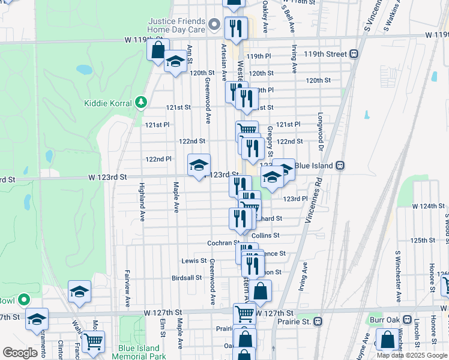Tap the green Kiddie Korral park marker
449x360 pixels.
pyautogui.click(x=141, y=103)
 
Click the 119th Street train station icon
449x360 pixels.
pyautogui.click(x=355, y=54)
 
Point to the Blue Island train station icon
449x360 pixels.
pyautogui.click(x=340, y=166)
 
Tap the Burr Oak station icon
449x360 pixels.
pyautogui.click(x=406, y=320)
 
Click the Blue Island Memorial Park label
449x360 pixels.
pyautogui.click(x=139, y=352)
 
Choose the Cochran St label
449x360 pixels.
pyautogui.click(x=220, y=243)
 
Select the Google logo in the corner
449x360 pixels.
pyautogui.click(x=20, y=353)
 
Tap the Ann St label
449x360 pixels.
pyautogui.click(x=190, y=53)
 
